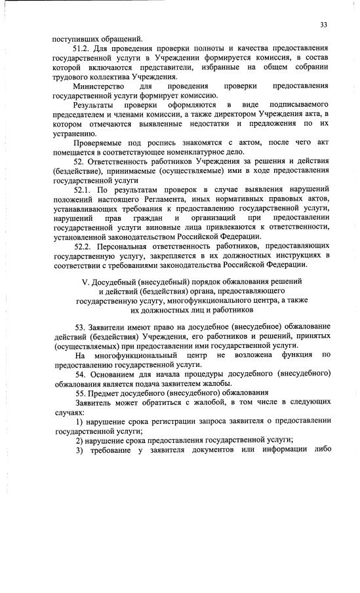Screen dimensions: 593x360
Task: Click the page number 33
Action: coord(323,25)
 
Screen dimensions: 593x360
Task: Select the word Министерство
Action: coord(97,86)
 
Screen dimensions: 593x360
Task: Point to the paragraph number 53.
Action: coord(79,326)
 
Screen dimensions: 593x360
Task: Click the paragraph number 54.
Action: coord(79,373)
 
